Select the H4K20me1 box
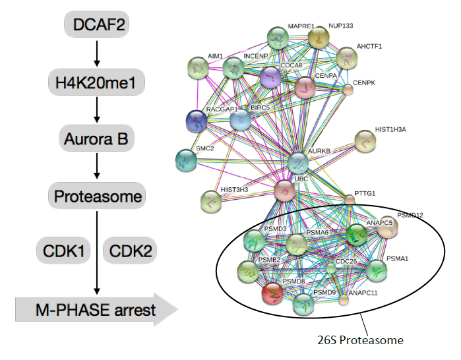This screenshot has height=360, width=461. coord(97,83)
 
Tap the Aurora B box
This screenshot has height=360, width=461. coord(97,140)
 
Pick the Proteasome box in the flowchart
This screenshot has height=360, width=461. coord(97,196)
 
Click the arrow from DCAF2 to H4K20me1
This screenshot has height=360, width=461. coord(97,55)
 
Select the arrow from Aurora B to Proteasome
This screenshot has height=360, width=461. coord(97,168)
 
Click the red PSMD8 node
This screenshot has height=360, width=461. coord(274,293)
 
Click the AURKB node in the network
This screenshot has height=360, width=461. coord(298,162)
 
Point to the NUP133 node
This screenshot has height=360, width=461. coord(319,38)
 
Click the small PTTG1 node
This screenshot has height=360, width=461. coord(350,199)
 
